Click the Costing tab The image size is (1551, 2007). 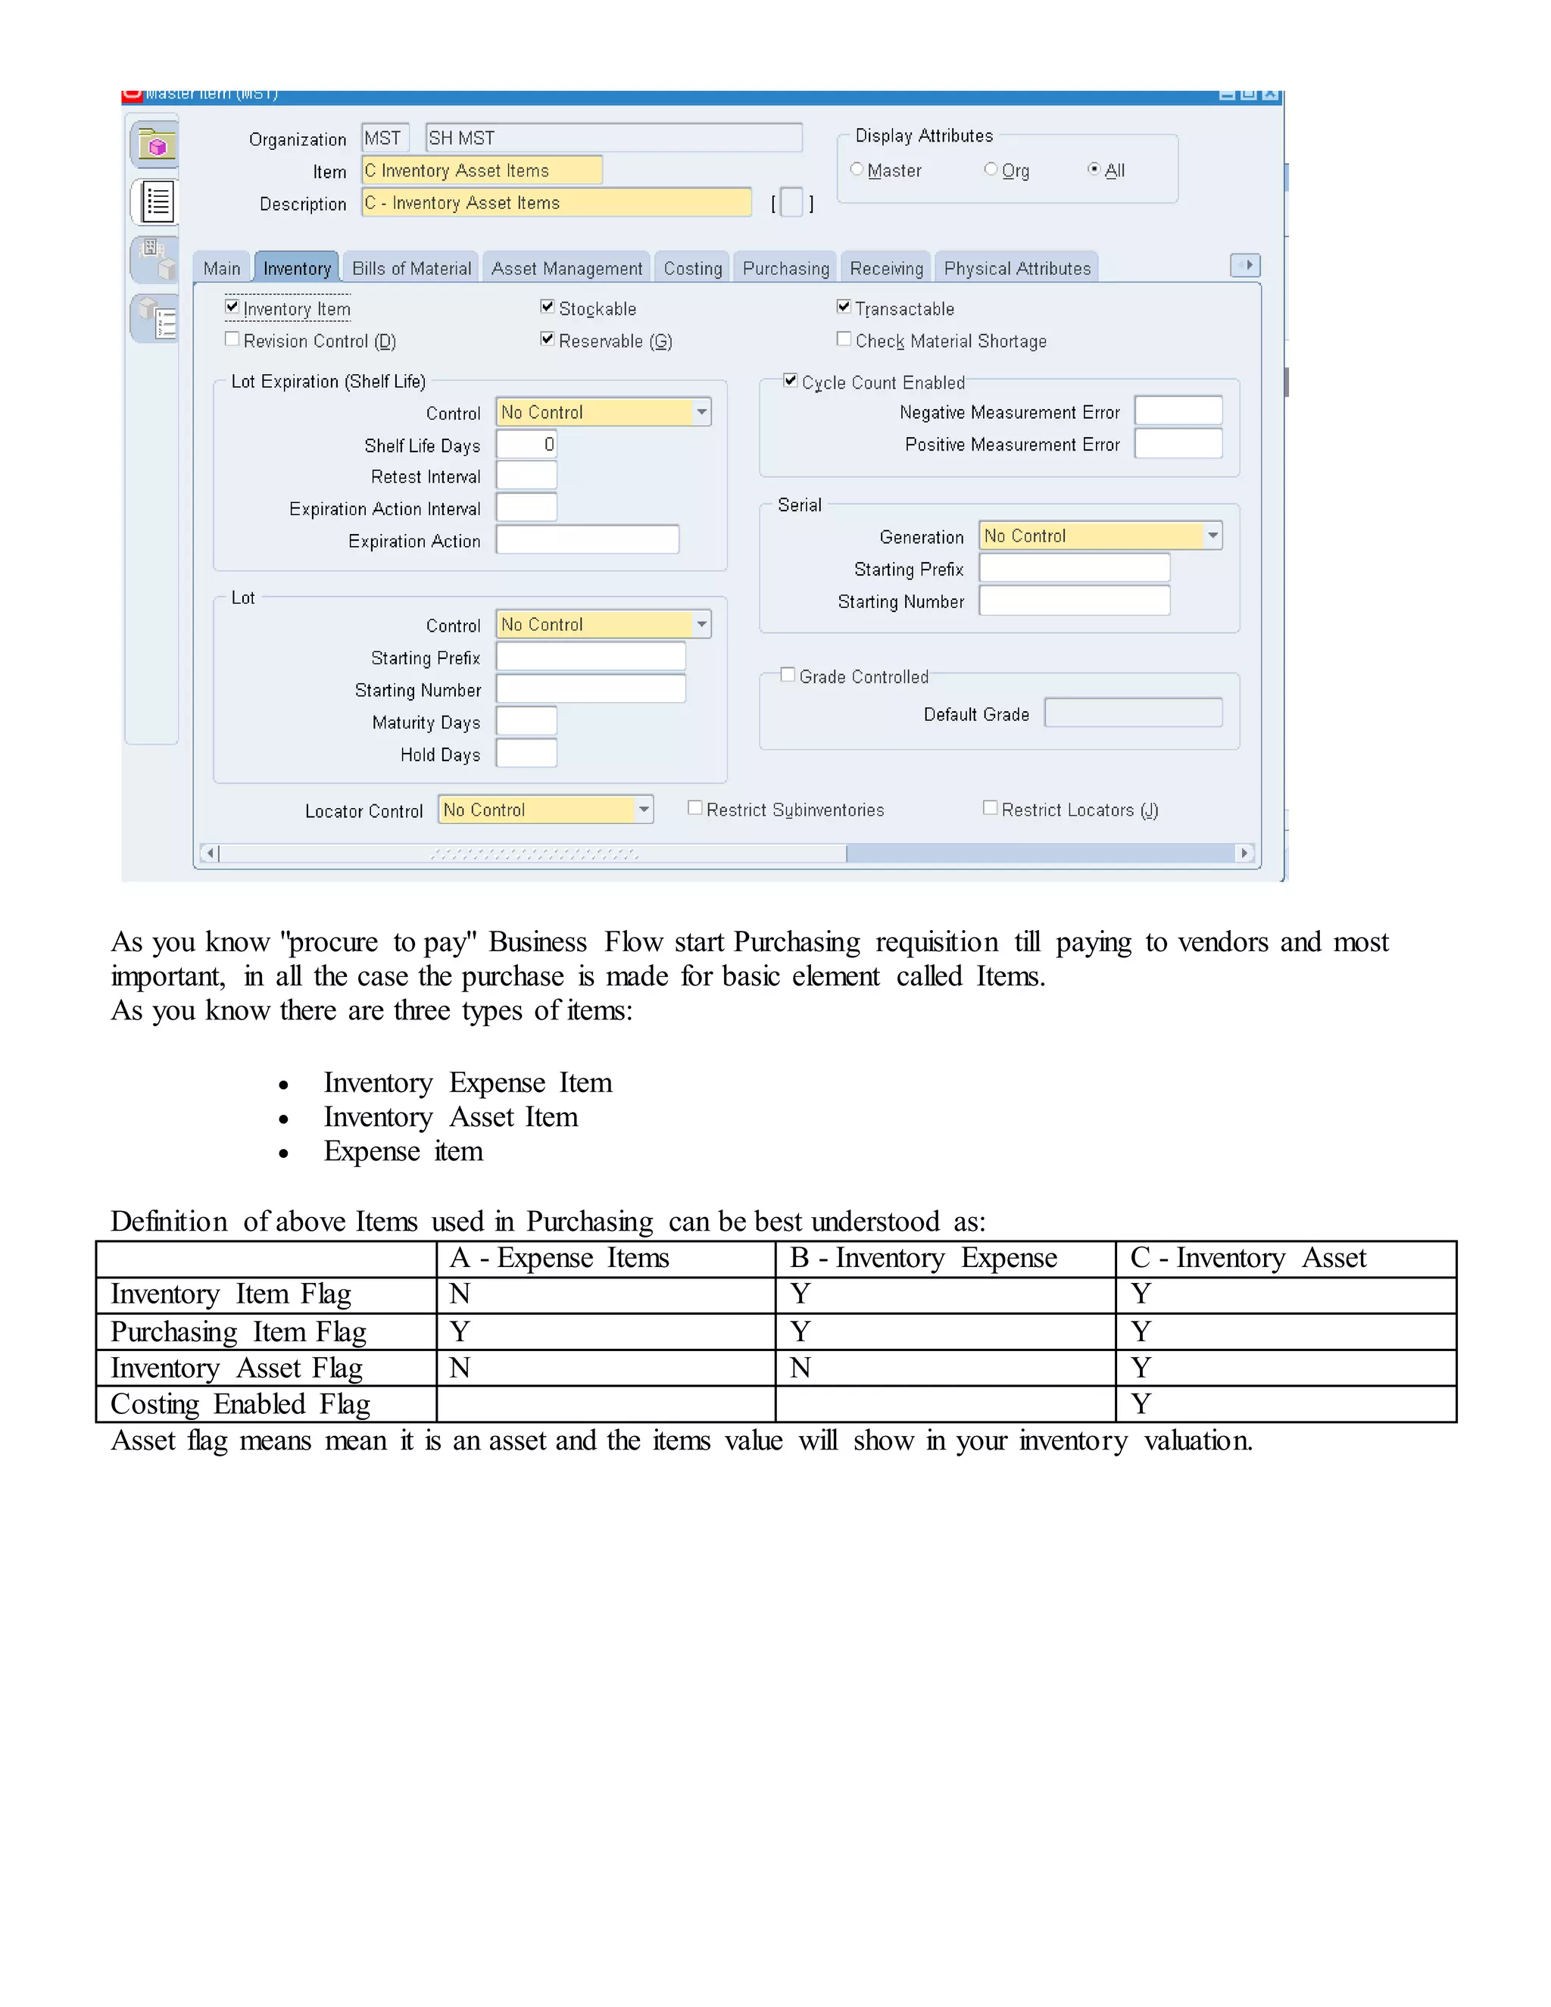pos(693,268)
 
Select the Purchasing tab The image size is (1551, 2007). pos(785,268)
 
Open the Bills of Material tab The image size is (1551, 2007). pos(412,268)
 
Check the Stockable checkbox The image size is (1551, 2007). pos(548,307)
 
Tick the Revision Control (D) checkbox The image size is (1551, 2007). pos(232,339)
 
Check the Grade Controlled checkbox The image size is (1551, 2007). pos(788,675)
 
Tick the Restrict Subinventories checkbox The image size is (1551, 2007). pos(695,808)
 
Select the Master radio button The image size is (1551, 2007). pos(857,169)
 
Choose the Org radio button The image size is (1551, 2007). pos(991,169)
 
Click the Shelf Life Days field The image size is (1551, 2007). pos(526,445)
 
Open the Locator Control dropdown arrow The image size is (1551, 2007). pos(644,810)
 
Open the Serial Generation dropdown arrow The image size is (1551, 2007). pos(1213,535)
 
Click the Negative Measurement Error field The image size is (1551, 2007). pos(1178,410)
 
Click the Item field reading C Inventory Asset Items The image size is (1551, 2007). pos(482,170)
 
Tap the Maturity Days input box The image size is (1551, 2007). pos(526,721)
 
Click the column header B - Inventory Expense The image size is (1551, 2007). pos(923,1258)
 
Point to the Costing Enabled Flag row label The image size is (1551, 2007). pos(241,1404)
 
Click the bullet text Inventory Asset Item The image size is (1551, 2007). pos(451,1117)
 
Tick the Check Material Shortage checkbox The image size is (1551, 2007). pos(844,339)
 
